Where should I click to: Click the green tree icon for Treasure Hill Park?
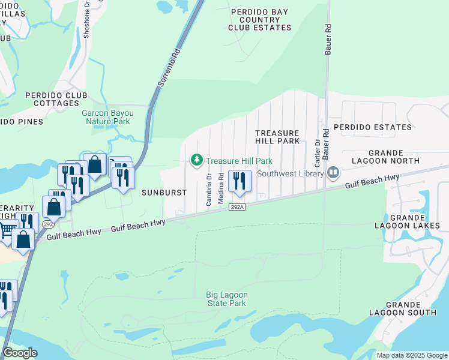point(196,160)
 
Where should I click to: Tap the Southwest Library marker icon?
point(334,173)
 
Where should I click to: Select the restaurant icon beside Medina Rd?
point(239,181)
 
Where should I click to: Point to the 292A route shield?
point(237,207)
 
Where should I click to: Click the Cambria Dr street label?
point(209,190)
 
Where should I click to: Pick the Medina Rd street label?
point(221,188)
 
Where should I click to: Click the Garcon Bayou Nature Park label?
point(106,116)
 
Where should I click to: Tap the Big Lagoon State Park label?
point(226,299)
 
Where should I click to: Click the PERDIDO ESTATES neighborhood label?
point(373,127)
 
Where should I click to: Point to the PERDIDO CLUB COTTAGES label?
point(56,99)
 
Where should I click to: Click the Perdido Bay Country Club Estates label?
point(262,19)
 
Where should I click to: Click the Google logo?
point(20,353)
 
